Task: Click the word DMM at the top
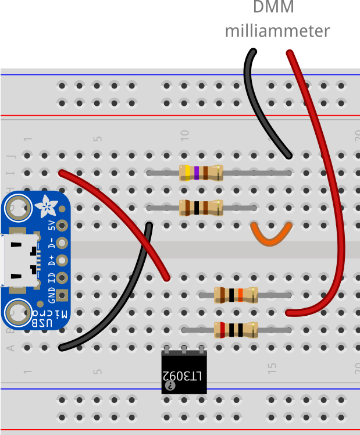273,8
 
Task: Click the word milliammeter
277,31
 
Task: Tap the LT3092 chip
184,373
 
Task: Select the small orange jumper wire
271,235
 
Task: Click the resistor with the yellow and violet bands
201,173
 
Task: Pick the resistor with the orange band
236,295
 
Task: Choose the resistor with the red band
236,330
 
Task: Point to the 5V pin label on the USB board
51,226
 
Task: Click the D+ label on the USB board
51,260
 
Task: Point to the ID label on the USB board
51,277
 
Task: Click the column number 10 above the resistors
185,134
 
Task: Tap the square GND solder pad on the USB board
62,295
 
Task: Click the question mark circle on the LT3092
170,385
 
